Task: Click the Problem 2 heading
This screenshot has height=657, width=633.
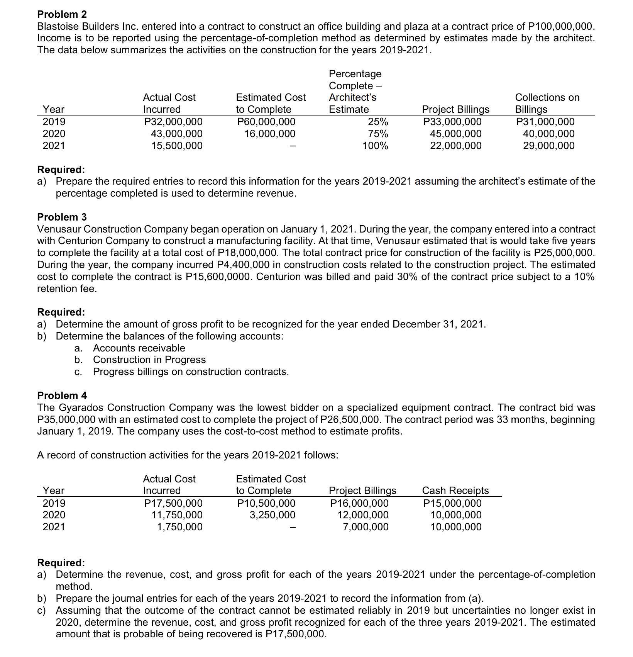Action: coord(62,14)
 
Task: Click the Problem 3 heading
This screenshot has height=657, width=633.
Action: coord(62,217)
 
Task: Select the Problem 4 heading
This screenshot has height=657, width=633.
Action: coord(62,396)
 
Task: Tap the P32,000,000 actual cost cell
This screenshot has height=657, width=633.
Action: coord(173,122)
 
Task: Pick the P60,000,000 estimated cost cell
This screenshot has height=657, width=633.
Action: coord(266,122)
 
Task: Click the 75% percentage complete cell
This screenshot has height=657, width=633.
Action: coord(378,134)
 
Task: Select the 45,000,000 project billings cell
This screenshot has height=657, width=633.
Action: coord(456,134)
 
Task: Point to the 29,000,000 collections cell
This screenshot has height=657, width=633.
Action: coord(548,146)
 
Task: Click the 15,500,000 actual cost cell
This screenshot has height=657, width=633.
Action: coord(176,146)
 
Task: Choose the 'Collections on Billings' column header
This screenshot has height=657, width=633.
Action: coord(547,103)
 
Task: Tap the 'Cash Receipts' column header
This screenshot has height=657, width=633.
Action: coord(455,491)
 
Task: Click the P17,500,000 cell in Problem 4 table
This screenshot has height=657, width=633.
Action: coord(173,503)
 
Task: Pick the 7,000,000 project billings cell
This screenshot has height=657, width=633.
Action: coord(366,527)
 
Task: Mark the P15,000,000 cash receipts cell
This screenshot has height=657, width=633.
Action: coord(452,503)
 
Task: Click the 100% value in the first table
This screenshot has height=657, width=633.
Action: coord(375,146)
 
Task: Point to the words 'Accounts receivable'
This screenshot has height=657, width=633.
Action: coord(139,348)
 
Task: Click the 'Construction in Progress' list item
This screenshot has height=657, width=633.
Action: coord(149,360)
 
